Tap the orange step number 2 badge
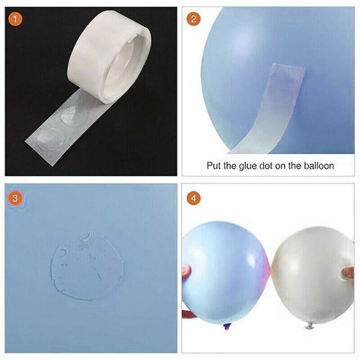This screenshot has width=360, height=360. (193, 19)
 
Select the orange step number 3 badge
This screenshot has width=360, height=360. (16, 197)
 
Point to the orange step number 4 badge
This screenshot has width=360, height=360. (193, 197)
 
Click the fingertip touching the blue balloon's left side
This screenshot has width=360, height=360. (187, 271)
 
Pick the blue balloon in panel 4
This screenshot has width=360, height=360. (225, 270)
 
